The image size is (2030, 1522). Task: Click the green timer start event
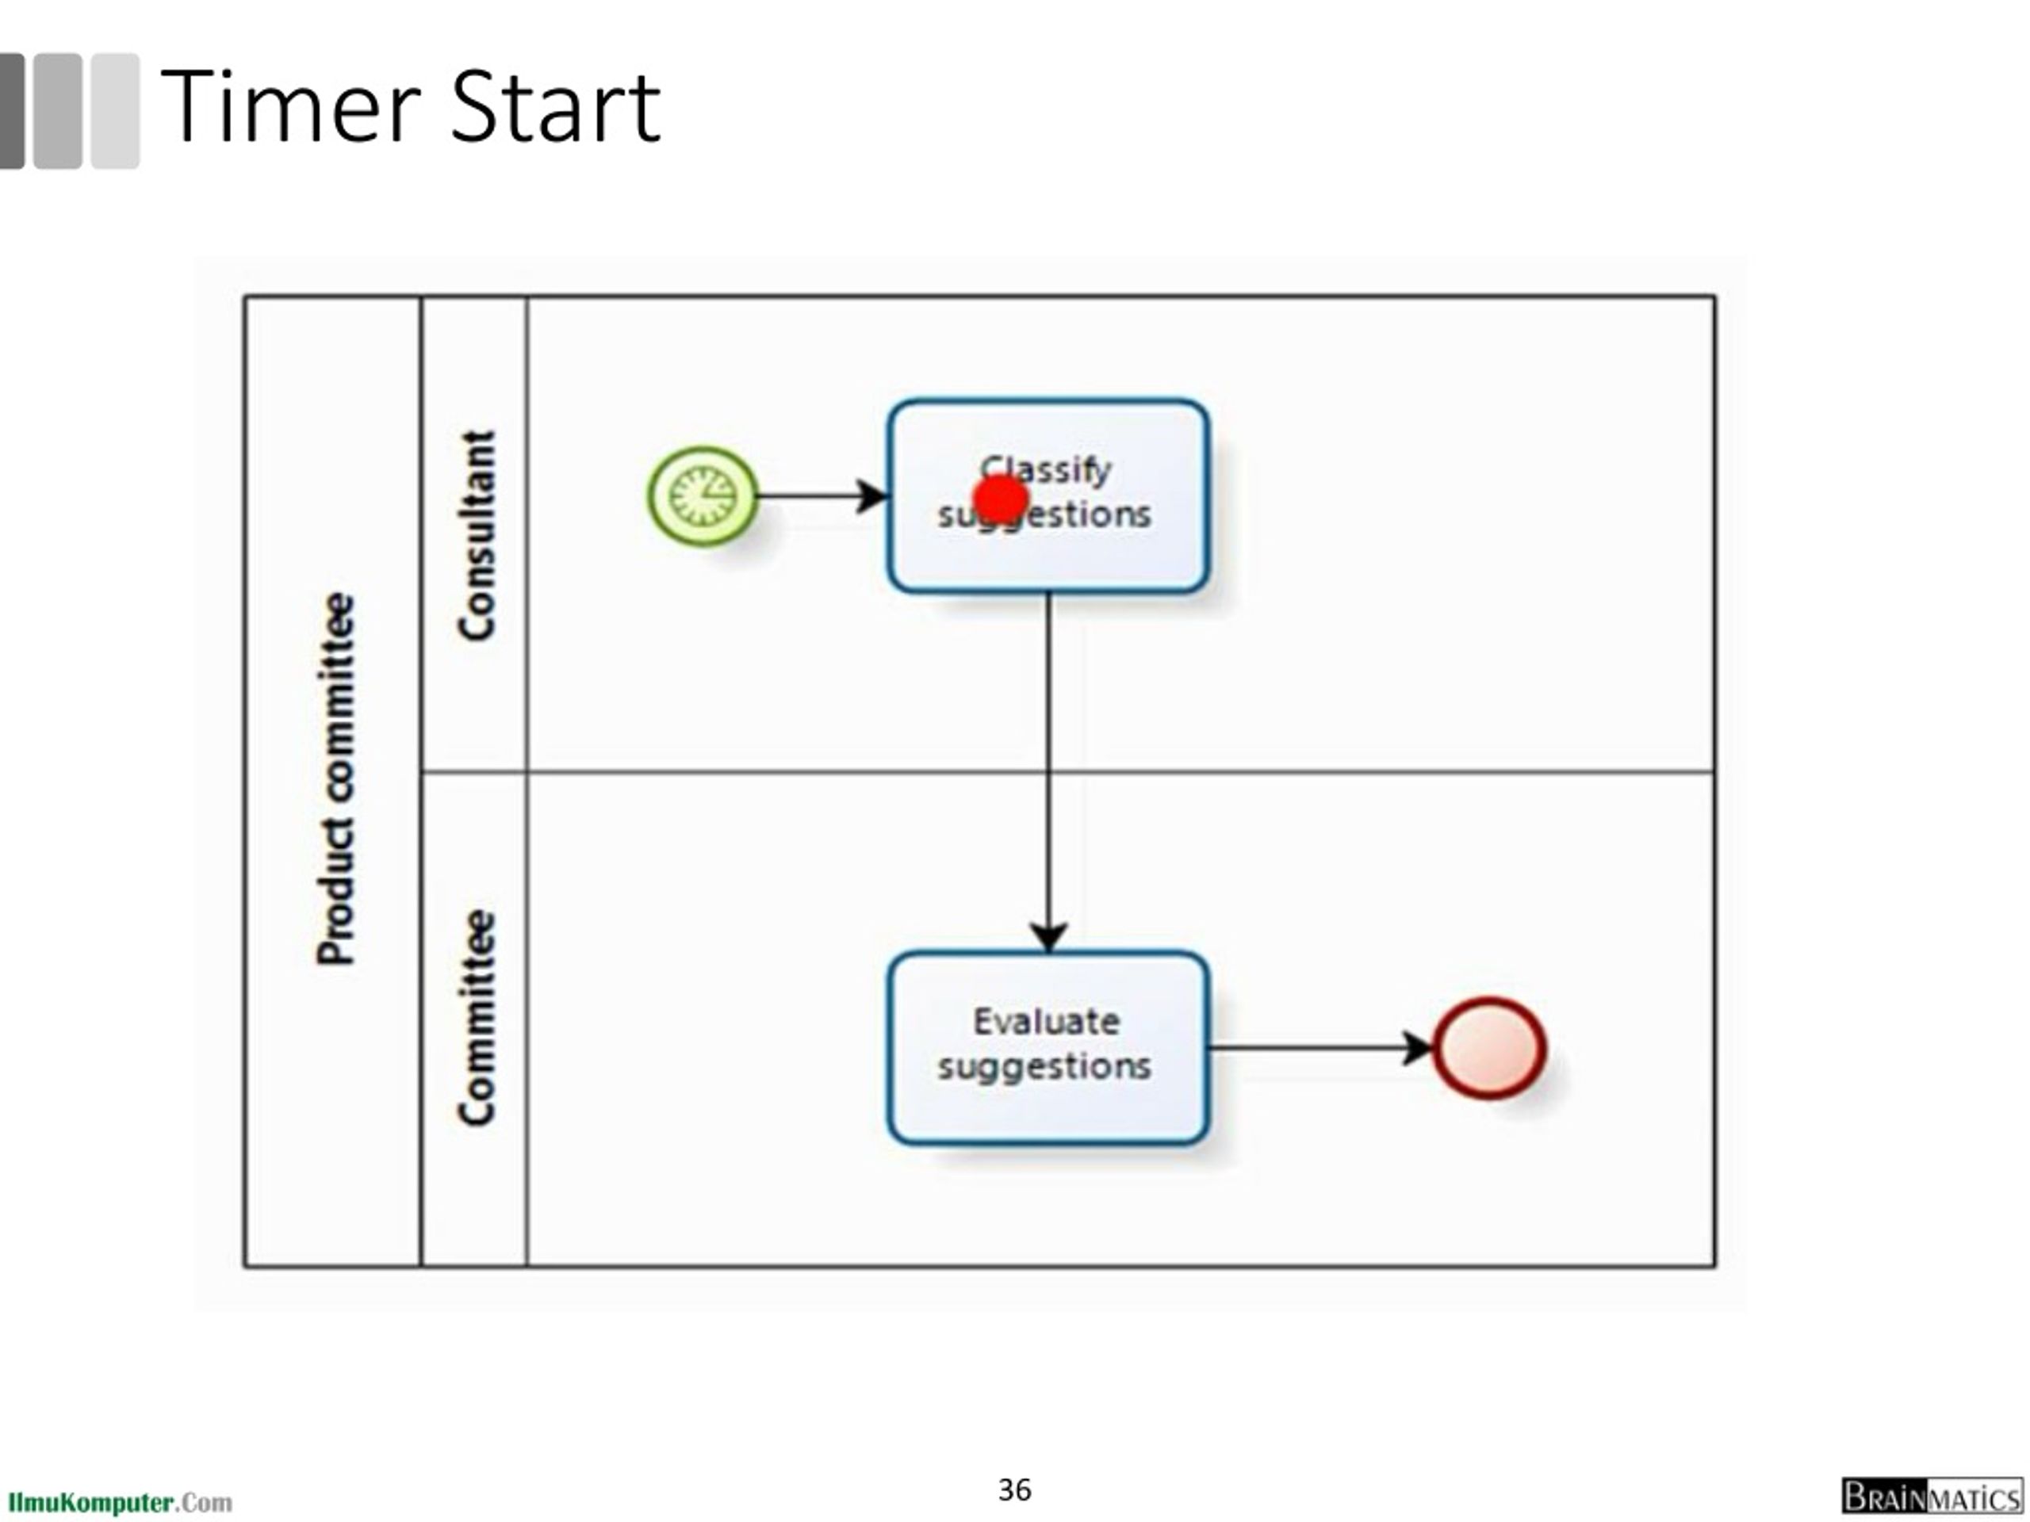click(703, 496)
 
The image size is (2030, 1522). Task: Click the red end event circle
click(1489, 1048)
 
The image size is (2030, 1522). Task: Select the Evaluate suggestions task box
click(1048, 1110)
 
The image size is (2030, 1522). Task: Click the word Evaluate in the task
click(1046, 1022)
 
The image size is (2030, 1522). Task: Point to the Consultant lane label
click(477, 535)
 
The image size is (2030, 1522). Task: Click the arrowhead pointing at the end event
click(1418, 1048)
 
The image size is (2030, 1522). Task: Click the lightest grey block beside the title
click(116, 111)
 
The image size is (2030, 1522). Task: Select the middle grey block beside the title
click(58, 111)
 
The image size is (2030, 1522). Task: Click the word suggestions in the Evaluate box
click(1044, 1067)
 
